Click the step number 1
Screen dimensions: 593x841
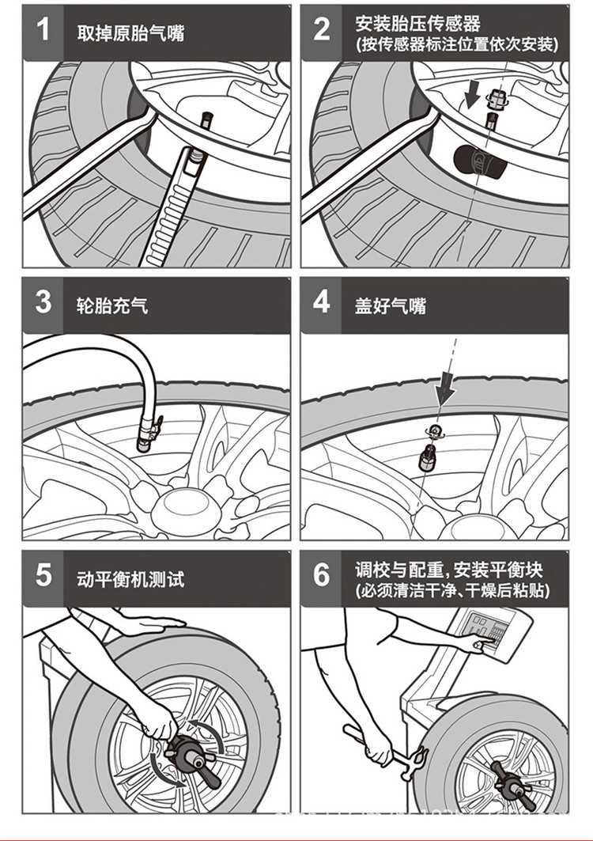[43, 29]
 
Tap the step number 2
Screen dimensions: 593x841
[322, 29]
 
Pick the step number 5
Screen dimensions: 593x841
[43, 575]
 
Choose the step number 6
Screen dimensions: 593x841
[322, 575]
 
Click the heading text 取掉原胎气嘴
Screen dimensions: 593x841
[130, 33]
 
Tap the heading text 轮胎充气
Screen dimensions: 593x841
[112, 305]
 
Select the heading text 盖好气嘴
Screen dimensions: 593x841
[391, 305]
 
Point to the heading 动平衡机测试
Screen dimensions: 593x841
[130, 579]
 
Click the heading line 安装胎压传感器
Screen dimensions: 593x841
[417, 23]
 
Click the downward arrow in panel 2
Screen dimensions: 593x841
[472, 95]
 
